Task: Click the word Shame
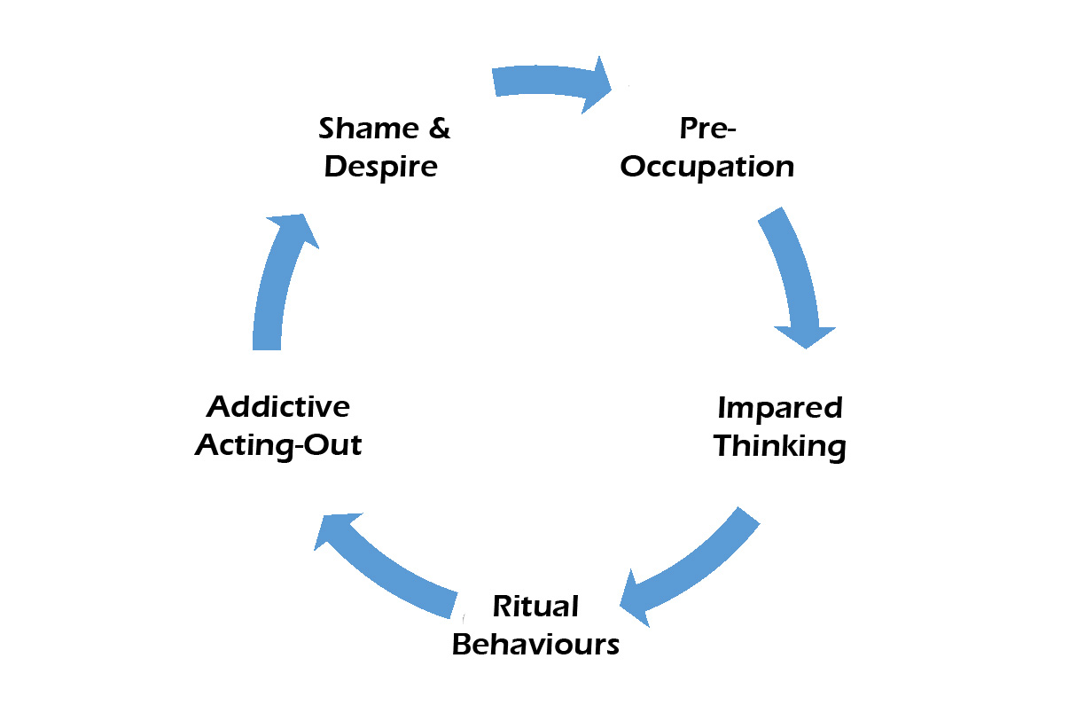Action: pos(364,129)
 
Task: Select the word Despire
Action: pos(381,167)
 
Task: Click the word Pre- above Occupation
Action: pos(708,129)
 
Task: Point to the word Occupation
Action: pos(706,167)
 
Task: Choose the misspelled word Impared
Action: pos(779,409)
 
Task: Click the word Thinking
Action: pos(779,446)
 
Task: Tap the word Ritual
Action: pos(535,607)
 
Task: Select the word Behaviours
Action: pos(535,645)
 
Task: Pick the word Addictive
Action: pos(278,407)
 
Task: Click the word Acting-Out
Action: pos(278,444)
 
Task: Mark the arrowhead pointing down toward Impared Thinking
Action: pos(805,335)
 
